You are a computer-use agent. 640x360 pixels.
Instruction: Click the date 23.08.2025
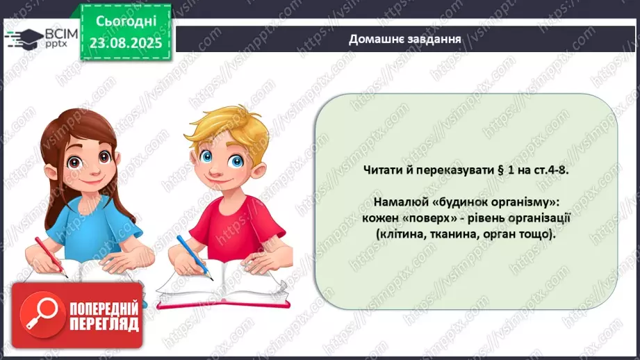coord(125,42)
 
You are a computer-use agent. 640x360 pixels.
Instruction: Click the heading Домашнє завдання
coord(406,38)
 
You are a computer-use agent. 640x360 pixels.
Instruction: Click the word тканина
coord(454,234)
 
